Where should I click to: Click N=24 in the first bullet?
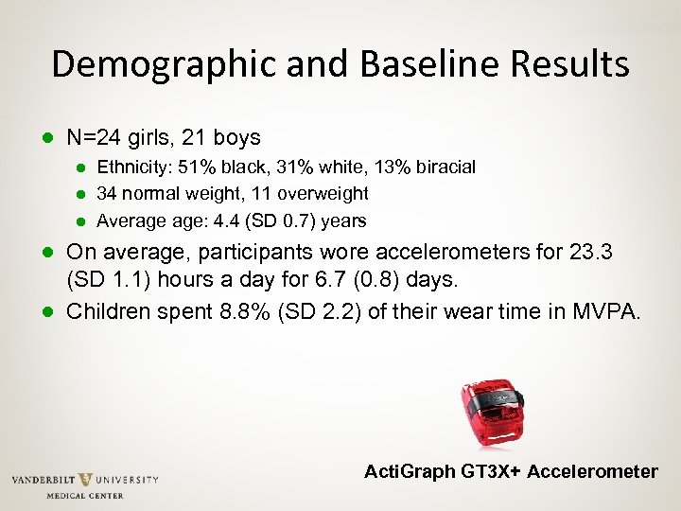tap(93, 138)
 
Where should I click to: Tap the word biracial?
tap(442, 167)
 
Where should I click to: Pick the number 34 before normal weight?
tap(108, 194)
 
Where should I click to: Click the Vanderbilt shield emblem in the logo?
tap(85, 480)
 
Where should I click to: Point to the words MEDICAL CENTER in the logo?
tap(85, 495)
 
